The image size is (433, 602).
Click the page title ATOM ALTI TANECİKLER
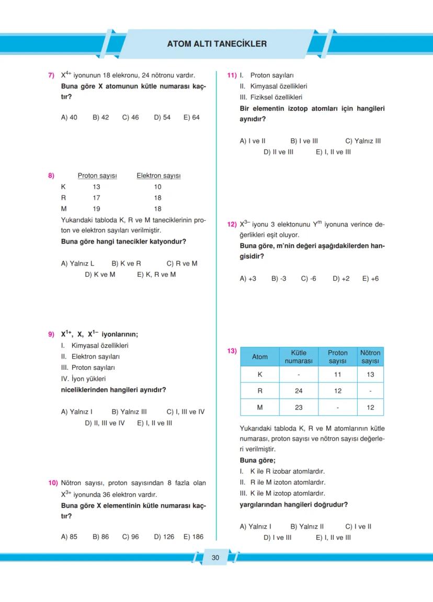point(216,44)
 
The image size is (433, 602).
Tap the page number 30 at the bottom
point(215,558)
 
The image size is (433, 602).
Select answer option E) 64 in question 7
point(191,118)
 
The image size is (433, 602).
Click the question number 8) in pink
point(51,176)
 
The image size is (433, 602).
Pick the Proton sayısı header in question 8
point(97,176)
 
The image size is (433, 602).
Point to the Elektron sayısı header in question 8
point(158,176)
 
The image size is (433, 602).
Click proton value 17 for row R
point(96,198)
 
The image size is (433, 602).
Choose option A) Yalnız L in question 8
point(78,264)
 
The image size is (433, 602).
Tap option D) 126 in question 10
point(164,537)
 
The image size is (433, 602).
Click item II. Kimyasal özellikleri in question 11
point(273,86)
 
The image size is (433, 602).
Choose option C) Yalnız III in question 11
point(363,141)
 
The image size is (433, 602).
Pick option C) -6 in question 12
point(309,279)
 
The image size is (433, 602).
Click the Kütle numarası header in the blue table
point(298,357)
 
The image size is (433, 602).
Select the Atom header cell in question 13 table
point(260,357)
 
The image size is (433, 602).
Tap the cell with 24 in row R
point(298,391)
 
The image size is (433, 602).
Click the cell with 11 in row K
point(337,374)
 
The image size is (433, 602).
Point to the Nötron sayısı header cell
point(370,357)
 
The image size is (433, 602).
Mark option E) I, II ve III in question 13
point(333,537)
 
